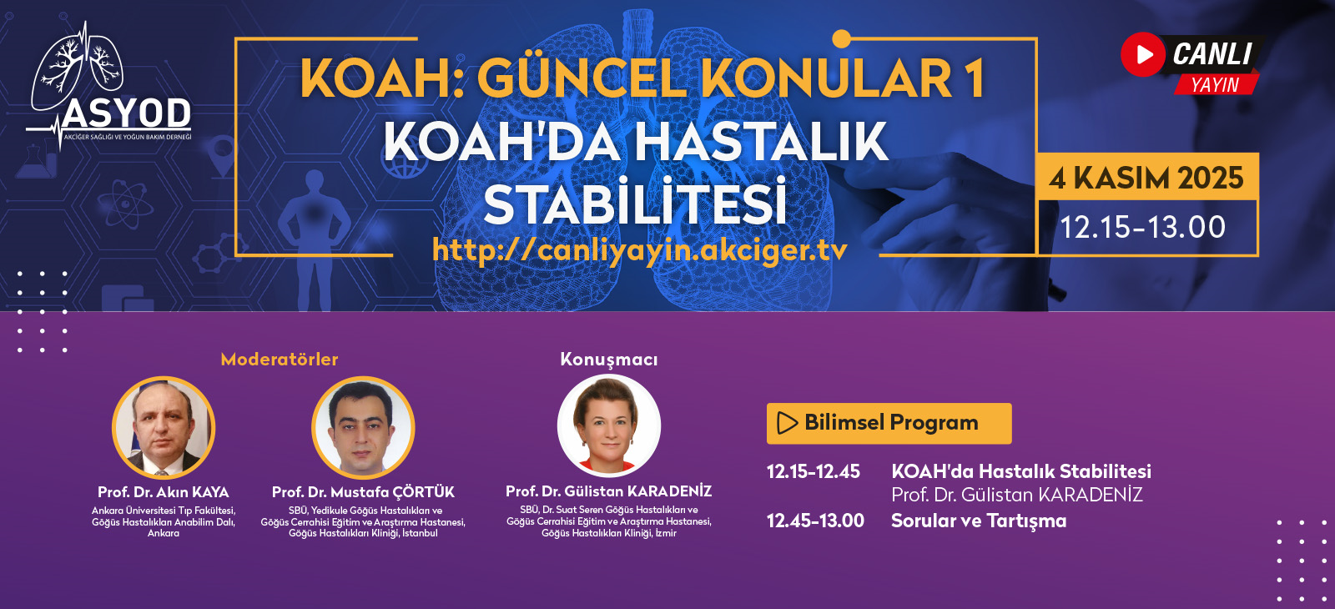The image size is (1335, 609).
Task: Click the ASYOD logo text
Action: click(x=126, y=113)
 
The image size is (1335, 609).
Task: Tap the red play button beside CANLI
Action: click(x=1142, y=54)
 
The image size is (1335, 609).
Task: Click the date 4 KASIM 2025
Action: click(x=1146, y=179)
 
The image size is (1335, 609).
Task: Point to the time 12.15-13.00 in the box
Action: click(x=1142, y=227)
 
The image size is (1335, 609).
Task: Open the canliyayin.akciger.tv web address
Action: click(x=639, y=249)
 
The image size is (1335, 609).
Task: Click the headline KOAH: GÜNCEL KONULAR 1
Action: click(x=642, y=78)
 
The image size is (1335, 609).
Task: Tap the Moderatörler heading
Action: click(x=280, y=359)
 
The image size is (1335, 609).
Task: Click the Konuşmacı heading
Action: click(x=609, y=360)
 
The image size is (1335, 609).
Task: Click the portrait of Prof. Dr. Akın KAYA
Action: click(x=164, y=427)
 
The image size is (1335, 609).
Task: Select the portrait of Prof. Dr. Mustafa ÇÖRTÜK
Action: click(x=363, y=427)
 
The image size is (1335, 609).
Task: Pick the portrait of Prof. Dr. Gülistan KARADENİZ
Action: click(x=609, y=425)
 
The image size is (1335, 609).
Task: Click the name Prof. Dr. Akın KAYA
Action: click(x=164, y=492)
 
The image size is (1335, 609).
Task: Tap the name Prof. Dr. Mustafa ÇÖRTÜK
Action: click(x=363, y=492)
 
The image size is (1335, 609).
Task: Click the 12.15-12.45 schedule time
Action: click(x=814, y=472)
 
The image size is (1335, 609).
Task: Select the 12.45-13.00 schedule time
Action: click(x=815, y=521)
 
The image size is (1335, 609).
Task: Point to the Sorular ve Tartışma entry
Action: click(x=979, y=521)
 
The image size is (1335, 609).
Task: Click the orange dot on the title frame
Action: click(x=841, y=38)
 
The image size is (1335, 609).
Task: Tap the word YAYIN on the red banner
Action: click(x=1215, y=85)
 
